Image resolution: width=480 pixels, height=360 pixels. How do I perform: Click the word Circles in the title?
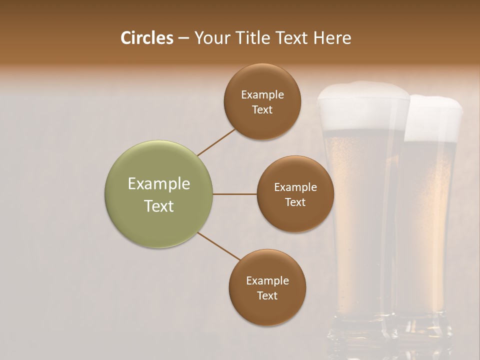pyautogui.click(x=146, y=38)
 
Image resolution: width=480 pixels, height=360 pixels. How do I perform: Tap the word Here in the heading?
pyautogui.click(x=332, y=38)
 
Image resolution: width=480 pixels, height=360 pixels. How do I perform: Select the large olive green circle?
pyautogui.click(x=158, y=194)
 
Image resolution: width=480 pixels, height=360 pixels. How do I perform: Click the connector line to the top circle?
pyautogui.click(x=216, y=142)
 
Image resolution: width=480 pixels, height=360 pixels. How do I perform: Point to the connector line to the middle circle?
pyautogui.click(x=235, y=194)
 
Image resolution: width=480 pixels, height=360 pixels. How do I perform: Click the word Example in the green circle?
pyautogui.click(x=158, y=184)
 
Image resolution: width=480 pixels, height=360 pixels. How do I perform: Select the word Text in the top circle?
pyautogui.click(x=262, y=110)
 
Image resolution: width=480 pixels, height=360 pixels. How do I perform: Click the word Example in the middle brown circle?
pyautogui.click(x=295, y=187)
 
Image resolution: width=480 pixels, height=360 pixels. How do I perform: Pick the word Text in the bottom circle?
pyautogui.click(x=267, y=295)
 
